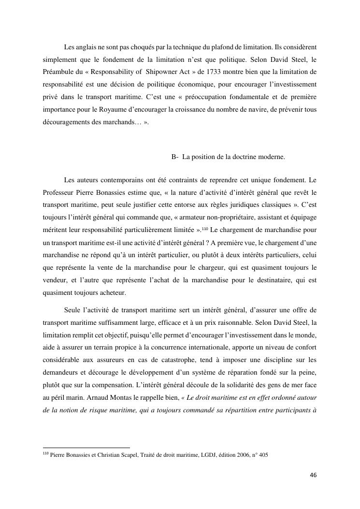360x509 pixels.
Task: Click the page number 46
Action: (313, 475)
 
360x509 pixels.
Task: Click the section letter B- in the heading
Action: (175, 157)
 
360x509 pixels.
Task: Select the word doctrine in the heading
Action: (252, 157)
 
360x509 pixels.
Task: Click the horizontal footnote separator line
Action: (86, 448)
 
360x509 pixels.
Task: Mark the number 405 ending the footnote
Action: (263, 455)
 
